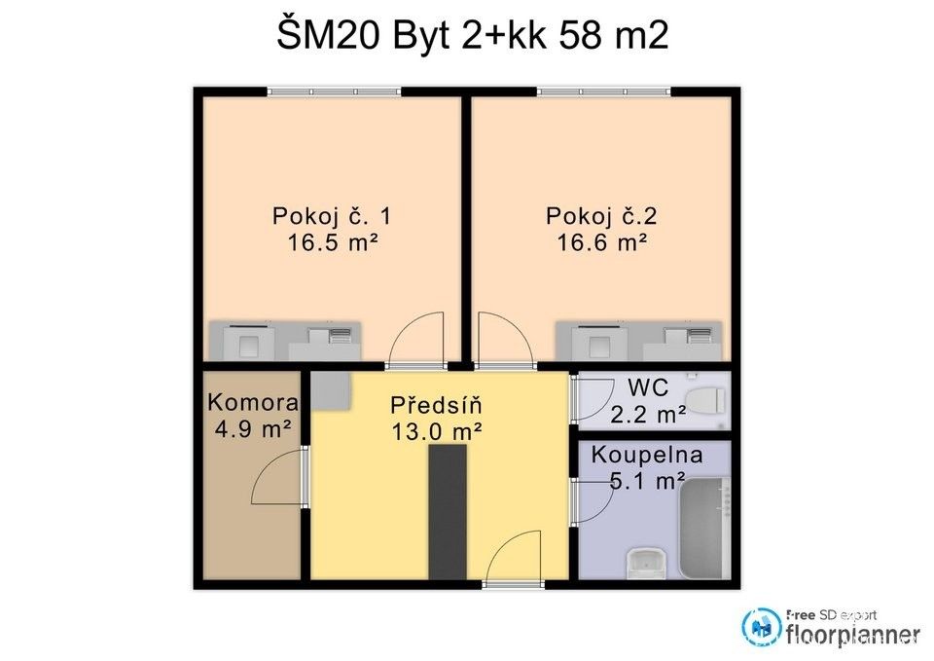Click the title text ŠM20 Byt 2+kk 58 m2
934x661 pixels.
coord(472,36)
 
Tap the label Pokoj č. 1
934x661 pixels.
coord(331,216)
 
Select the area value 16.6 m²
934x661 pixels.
coord(602,242)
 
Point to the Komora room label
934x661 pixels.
coord(252,402)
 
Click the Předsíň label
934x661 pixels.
coord(436,404)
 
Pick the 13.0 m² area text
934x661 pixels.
coord(436,431)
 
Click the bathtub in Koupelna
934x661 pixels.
coord(703,526)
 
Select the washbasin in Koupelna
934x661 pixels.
coord(645,563)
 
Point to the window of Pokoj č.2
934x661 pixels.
coord(603,92)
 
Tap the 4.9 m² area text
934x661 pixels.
coord(252,428)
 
